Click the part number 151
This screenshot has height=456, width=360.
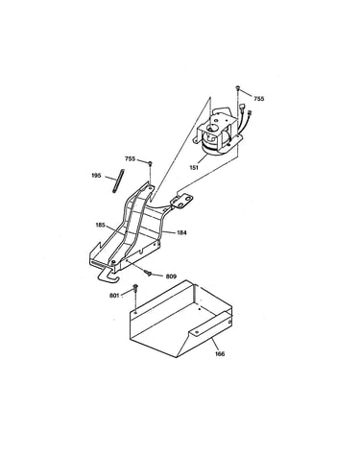[x=194, y=167]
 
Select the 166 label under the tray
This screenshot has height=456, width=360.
[x=220, y=353]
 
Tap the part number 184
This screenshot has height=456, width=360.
[x=181, y=232]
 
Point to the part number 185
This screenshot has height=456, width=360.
[x=100, y=225]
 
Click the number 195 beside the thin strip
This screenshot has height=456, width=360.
[x=96, y=176]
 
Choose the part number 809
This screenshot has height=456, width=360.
[x=171, y=276]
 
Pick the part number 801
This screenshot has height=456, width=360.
[x=114, y=296]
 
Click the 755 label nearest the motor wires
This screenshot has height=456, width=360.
[x=259, y=99]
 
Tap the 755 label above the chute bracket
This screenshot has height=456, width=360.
[x=130, y=159]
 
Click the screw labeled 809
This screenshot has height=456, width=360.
[x=148, y=273]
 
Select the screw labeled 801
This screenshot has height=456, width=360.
[x=135, y=287]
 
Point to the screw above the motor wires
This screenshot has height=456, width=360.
[x=238, y=87]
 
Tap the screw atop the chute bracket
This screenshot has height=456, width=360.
[x=150, y=164]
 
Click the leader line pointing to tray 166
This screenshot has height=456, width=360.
[x=214, y=344]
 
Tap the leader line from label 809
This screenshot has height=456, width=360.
[x=158, y=275]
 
